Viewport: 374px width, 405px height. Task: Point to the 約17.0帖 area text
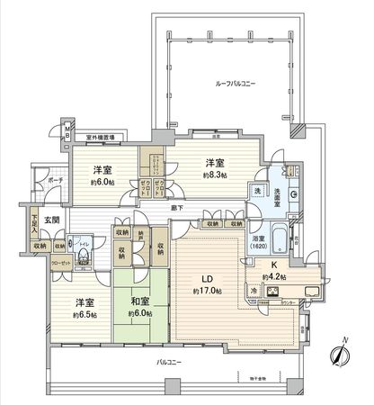pyautogui.click(x=207, y=292)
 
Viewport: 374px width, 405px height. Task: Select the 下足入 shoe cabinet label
pyautogui.click(x=32, y=221)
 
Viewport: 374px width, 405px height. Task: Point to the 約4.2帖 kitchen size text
pyautogui.click(x=273, y=277)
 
